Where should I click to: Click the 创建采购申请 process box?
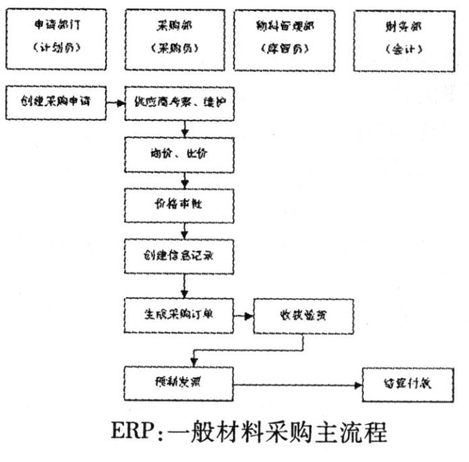57,103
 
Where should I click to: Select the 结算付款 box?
398,385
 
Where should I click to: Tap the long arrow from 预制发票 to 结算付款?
296,385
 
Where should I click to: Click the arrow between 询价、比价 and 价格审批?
185,179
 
